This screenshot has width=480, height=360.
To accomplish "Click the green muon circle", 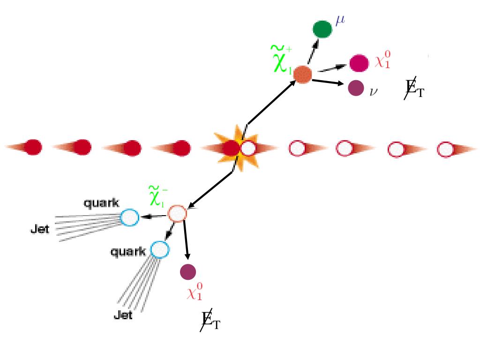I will click(x=322, y=29).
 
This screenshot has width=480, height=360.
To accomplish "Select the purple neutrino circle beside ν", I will click(x=356, y=88).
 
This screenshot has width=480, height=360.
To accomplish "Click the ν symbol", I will click(x=374, y=90).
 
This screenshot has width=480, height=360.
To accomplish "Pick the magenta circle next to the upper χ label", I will click(x=359, y=63).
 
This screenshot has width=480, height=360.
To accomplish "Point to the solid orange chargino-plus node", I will click(x=303, y=75).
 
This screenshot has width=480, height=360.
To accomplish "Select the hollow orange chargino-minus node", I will click(x=177, y=214).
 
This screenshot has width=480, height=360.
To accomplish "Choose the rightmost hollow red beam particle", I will click(x=445, y=150).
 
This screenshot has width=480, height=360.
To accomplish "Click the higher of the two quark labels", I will click(x=101, y=203).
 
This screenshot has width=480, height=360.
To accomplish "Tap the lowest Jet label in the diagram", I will click(x=123, y=315).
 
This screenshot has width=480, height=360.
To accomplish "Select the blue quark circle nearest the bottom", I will click(x=159, y=249).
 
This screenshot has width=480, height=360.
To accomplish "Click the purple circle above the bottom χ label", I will click(x=188, y=271).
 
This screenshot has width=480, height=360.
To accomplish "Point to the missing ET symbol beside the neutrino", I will click(x=414, y=89).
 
